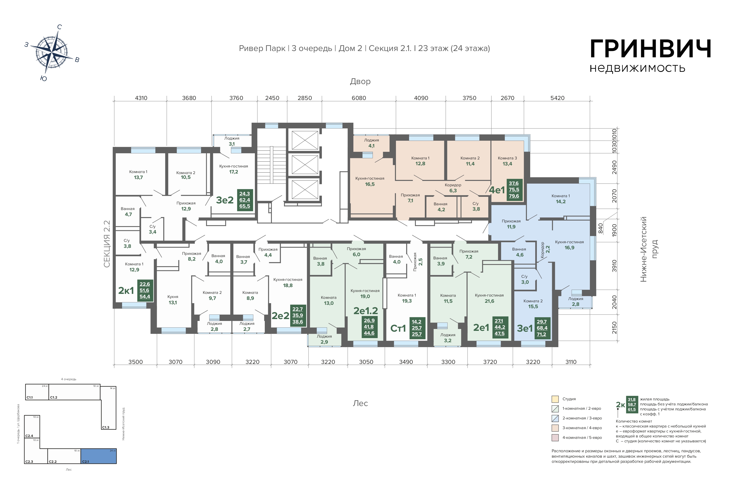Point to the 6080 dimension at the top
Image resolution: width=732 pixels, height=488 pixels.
[x=359, y=98]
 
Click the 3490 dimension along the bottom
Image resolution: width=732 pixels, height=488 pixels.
[x=406, y=362]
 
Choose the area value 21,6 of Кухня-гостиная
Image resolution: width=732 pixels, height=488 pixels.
[x=489, y=301]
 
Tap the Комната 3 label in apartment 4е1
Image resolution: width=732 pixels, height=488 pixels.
[x=507, y=158]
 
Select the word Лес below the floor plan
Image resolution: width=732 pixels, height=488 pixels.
[x=360, y=403]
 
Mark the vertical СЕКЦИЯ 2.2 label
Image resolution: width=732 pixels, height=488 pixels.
[x=107, y=244]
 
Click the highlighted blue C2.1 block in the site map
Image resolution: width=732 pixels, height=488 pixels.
[x=99, y=456]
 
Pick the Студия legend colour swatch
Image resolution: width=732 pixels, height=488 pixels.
[x=555, y=399]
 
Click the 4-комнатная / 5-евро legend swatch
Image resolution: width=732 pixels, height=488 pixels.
[x=555, y=438]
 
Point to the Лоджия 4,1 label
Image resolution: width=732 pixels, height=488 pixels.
[x=371, y=143]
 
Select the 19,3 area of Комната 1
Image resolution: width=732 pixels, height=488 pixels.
[x=407, y=301]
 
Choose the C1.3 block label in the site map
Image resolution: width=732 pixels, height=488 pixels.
[x=106, y=427]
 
